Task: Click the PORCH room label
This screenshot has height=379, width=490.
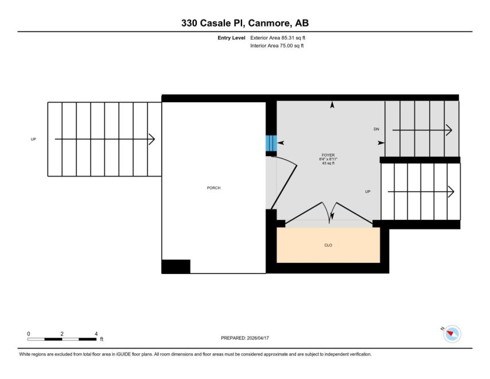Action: (214, 188)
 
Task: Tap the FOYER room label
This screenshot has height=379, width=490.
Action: (328, 155)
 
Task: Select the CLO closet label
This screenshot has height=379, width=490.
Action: (328, 245)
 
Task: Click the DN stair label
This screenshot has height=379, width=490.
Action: (376, 129)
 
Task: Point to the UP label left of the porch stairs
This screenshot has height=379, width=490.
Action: (33, 139)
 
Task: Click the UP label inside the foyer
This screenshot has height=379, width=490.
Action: (368, 191)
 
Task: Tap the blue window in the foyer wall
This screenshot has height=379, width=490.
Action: (271, 143)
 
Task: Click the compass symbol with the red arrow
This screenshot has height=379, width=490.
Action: (452, 334)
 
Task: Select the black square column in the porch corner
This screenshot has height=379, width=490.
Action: (176, 266)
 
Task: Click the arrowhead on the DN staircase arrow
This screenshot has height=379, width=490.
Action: (449, 130)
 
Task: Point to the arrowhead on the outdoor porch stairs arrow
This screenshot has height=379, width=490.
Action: (151, 139)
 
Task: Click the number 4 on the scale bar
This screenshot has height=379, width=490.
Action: (96, 334)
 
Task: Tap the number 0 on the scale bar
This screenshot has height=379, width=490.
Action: (29, 334)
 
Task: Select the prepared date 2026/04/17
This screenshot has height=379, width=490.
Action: (258, 338)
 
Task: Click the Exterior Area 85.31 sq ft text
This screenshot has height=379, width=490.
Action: (278, 38)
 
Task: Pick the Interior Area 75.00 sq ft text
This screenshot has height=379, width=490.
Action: (277, 46)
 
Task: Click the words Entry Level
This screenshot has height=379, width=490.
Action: (231, 38)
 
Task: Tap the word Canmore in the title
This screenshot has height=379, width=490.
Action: (270, 23)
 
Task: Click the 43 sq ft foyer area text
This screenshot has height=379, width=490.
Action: (328, 163)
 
